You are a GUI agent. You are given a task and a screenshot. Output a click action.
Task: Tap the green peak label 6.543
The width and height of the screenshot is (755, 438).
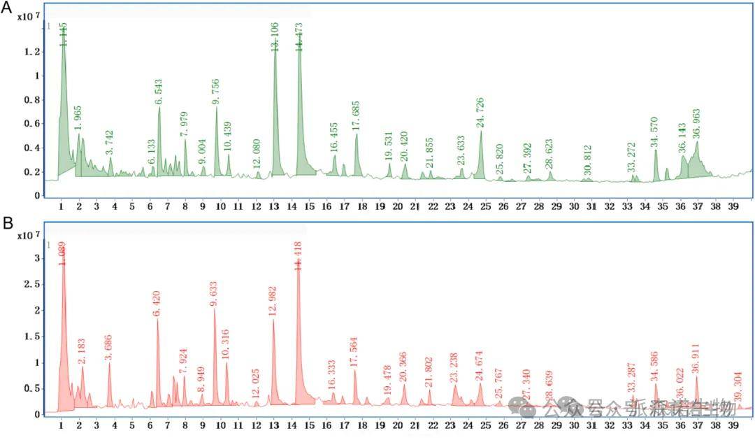(159, 92)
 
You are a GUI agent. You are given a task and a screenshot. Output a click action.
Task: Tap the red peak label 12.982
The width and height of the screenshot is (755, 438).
(273, 302)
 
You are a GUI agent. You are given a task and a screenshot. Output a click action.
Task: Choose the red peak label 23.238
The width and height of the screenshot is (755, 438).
(454, 369)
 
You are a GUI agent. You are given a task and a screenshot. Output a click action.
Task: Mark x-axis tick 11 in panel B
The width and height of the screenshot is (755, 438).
(238, 425)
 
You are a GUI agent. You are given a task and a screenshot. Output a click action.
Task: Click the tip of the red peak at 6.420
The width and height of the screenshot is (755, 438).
(158, 319)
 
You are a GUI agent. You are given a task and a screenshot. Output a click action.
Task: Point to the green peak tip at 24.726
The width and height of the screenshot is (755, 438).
(481, 132)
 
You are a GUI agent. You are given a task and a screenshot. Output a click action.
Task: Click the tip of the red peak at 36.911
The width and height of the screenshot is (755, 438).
(697, 377)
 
